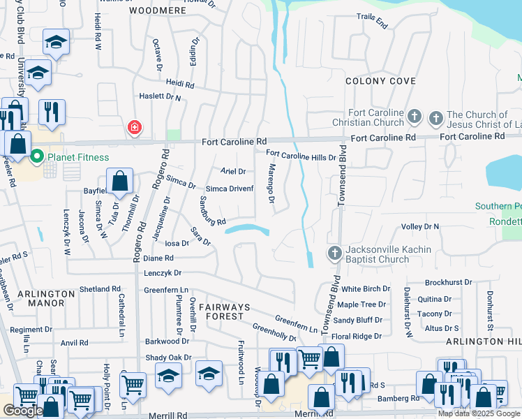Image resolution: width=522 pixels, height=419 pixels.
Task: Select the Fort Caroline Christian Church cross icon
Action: [415, 116]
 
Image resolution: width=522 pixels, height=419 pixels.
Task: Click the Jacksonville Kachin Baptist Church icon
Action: [334, 253]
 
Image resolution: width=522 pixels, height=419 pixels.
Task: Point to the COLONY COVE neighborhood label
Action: [380, 82]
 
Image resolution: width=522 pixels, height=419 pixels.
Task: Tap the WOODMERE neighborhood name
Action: [155, 11]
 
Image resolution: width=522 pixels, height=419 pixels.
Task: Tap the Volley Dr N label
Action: [420, 227]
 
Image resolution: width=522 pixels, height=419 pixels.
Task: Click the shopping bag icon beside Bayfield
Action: [120, 180]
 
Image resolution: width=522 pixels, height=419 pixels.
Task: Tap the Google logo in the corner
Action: [22, 411]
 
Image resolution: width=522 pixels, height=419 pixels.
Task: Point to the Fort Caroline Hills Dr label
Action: [301, 157]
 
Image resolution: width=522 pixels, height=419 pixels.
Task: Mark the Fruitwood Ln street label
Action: [241, 362]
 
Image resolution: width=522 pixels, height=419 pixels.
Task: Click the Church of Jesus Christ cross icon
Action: [437, 116]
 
